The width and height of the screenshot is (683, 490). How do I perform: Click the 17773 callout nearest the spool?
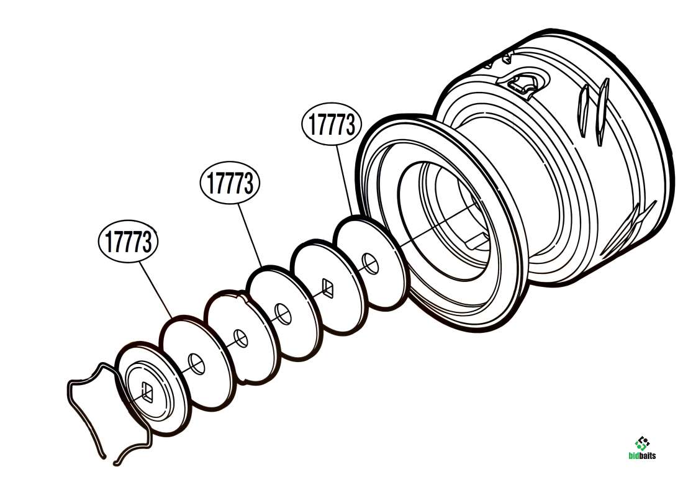pyautogui.click(x=332, y=124)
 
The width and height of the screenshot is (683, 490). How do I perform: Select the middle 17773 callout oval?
pyautogui.click(x=230, y=183)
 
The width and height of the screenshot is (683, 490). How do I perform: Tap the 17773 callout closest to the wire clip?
pyautogui.click(x=128, y=241)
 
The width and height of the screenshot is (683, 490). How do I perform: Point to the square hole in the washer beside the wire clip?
pyautogui.click(x=147, y=391)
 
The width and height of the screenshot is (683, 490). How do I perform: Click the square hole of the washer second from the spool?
pyautogui.click(x=328, y=287)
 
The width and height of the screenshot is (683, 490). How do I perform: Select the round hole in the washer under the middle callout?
pyautogui.click(x=283, y=314)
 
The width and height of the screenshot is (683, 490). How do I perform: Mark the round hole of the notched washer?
pyautogui.click(x=240, y=338)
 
